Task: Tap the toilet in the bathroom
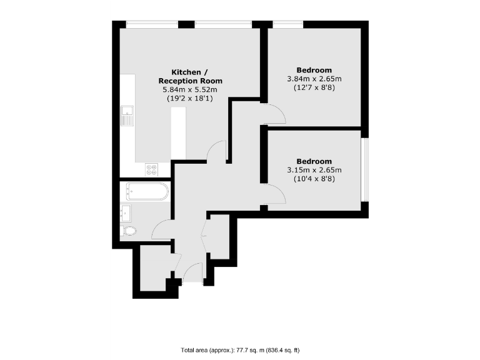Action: [x=130, y=231]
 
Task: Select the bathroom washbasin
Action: [x=127, y=212]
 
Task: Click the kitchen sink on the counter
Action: [x=127, y=116]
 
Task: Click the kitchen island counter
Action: [x=178, y=133]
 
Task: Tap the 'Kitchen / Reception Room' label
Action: [x=190, y=76]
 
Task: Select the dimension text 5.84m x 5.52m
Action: [x=190, y=90]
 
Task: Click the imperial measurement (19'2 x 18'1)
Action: [x=190, y=99]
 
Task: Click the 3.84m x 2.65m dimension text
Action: [x=314, y=79]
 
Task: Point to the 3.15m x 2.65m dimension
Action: [x=314, y=170]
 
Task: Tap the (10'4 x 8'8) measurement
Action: [x=314, y=179]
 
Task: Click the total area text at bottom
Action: [x=241, y=350]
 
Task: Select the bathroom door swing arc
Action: [x=161, y=230]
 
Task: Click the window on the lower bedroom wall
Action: [x=365, y=169]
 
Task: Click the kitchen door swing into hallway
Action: [x=216, y=151]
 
